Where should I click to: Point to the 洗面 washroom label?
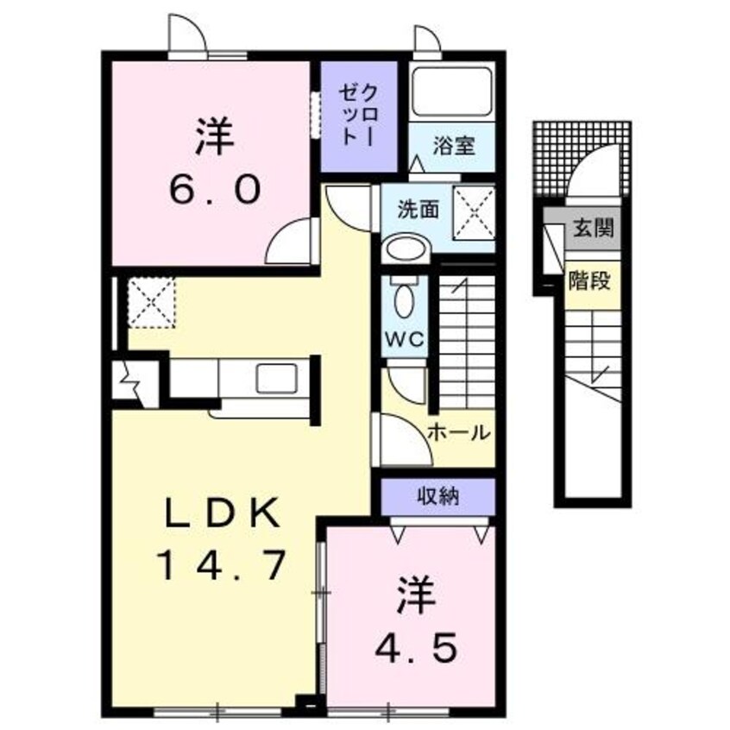(x=418, y=208)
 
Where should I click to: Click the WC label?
(x=405, y=339)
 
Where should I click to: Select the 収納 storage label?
(x=438, y=496)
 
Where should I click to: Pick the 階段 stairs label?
(x=592, y=279)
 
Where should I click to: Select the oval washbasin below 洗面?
(x=406, y=249)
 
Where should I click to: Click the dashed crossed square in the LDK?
(x=152, y=302)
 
